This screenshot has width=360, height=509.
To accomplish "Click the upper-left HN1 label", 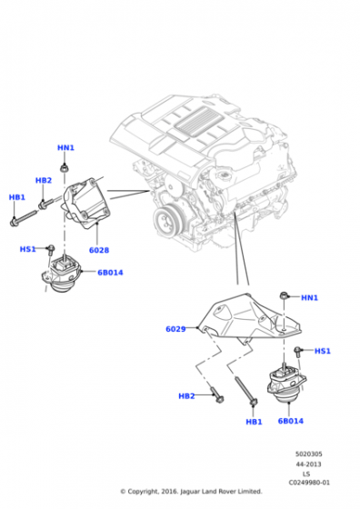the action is [65, 147].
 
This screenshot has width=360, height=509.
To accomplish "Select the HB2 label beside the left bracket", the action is [44, 180].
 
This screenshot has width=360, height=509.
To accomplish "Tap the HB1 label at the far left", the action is [17, 197].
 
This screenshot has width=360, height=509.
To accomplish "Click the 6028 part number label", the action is [99, 250].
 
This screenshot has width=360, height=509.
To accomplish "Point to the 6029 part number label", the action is [175, 329].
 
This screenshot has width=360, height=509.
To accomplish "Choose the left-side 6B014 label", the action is [110, 273].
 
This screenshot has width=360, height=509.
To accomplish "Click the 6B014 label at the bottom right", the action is [291, 421].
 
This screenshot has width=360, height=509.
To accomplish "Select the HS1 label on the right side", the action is [323, 351].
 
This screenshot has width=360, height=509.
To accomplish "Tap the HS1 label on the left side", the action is [27, 249].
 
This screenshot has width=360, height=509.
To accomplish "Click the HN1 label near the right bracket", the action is [309, 297].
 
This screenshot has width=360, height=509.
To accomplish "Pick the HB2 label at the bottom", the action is [186, 395].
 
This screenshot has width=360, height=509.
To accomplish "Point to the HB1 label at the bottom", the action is [254, 422].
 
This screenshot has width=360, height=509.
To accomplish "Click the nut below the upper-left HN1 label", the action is [65, 168].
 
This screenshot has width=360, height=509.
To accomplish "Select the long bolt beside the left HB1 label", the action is [23, 218].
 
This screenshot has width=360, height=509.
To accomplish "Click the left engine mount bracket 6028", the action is [86, 203].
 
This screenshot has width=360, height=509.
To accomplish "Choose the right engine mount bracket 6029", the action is [249, 318].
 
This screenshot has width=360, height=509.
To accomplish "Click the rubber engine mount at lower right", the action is [286, 384].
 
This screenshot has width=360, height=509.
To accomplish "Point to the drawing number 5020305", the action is [309, 454].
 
